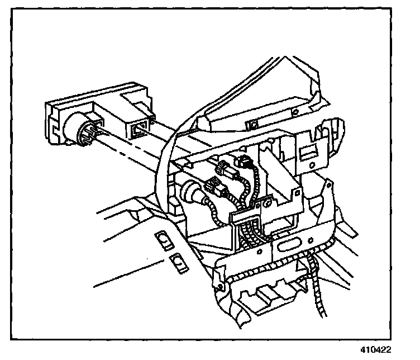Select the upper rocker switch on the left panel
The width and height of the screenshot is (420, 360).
coord(164,242)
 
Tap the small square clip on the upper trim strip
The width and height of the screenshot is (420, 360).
coord(253,123)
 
